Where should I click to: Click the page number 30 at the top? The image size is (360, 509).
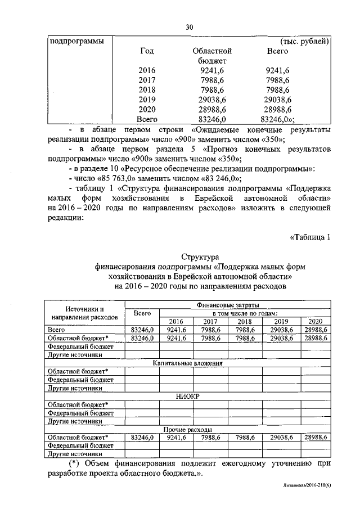point(189,27)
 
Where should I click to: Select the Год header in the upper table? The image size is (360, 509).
point(147,51)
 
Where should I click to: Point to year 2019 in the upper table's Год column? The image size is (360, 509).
point(147,99)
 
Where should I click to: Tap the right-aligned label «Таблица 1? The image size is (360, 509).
point(309,236)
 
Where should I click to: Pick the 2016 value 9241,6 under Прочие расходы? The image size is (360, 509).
point(176,436)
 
